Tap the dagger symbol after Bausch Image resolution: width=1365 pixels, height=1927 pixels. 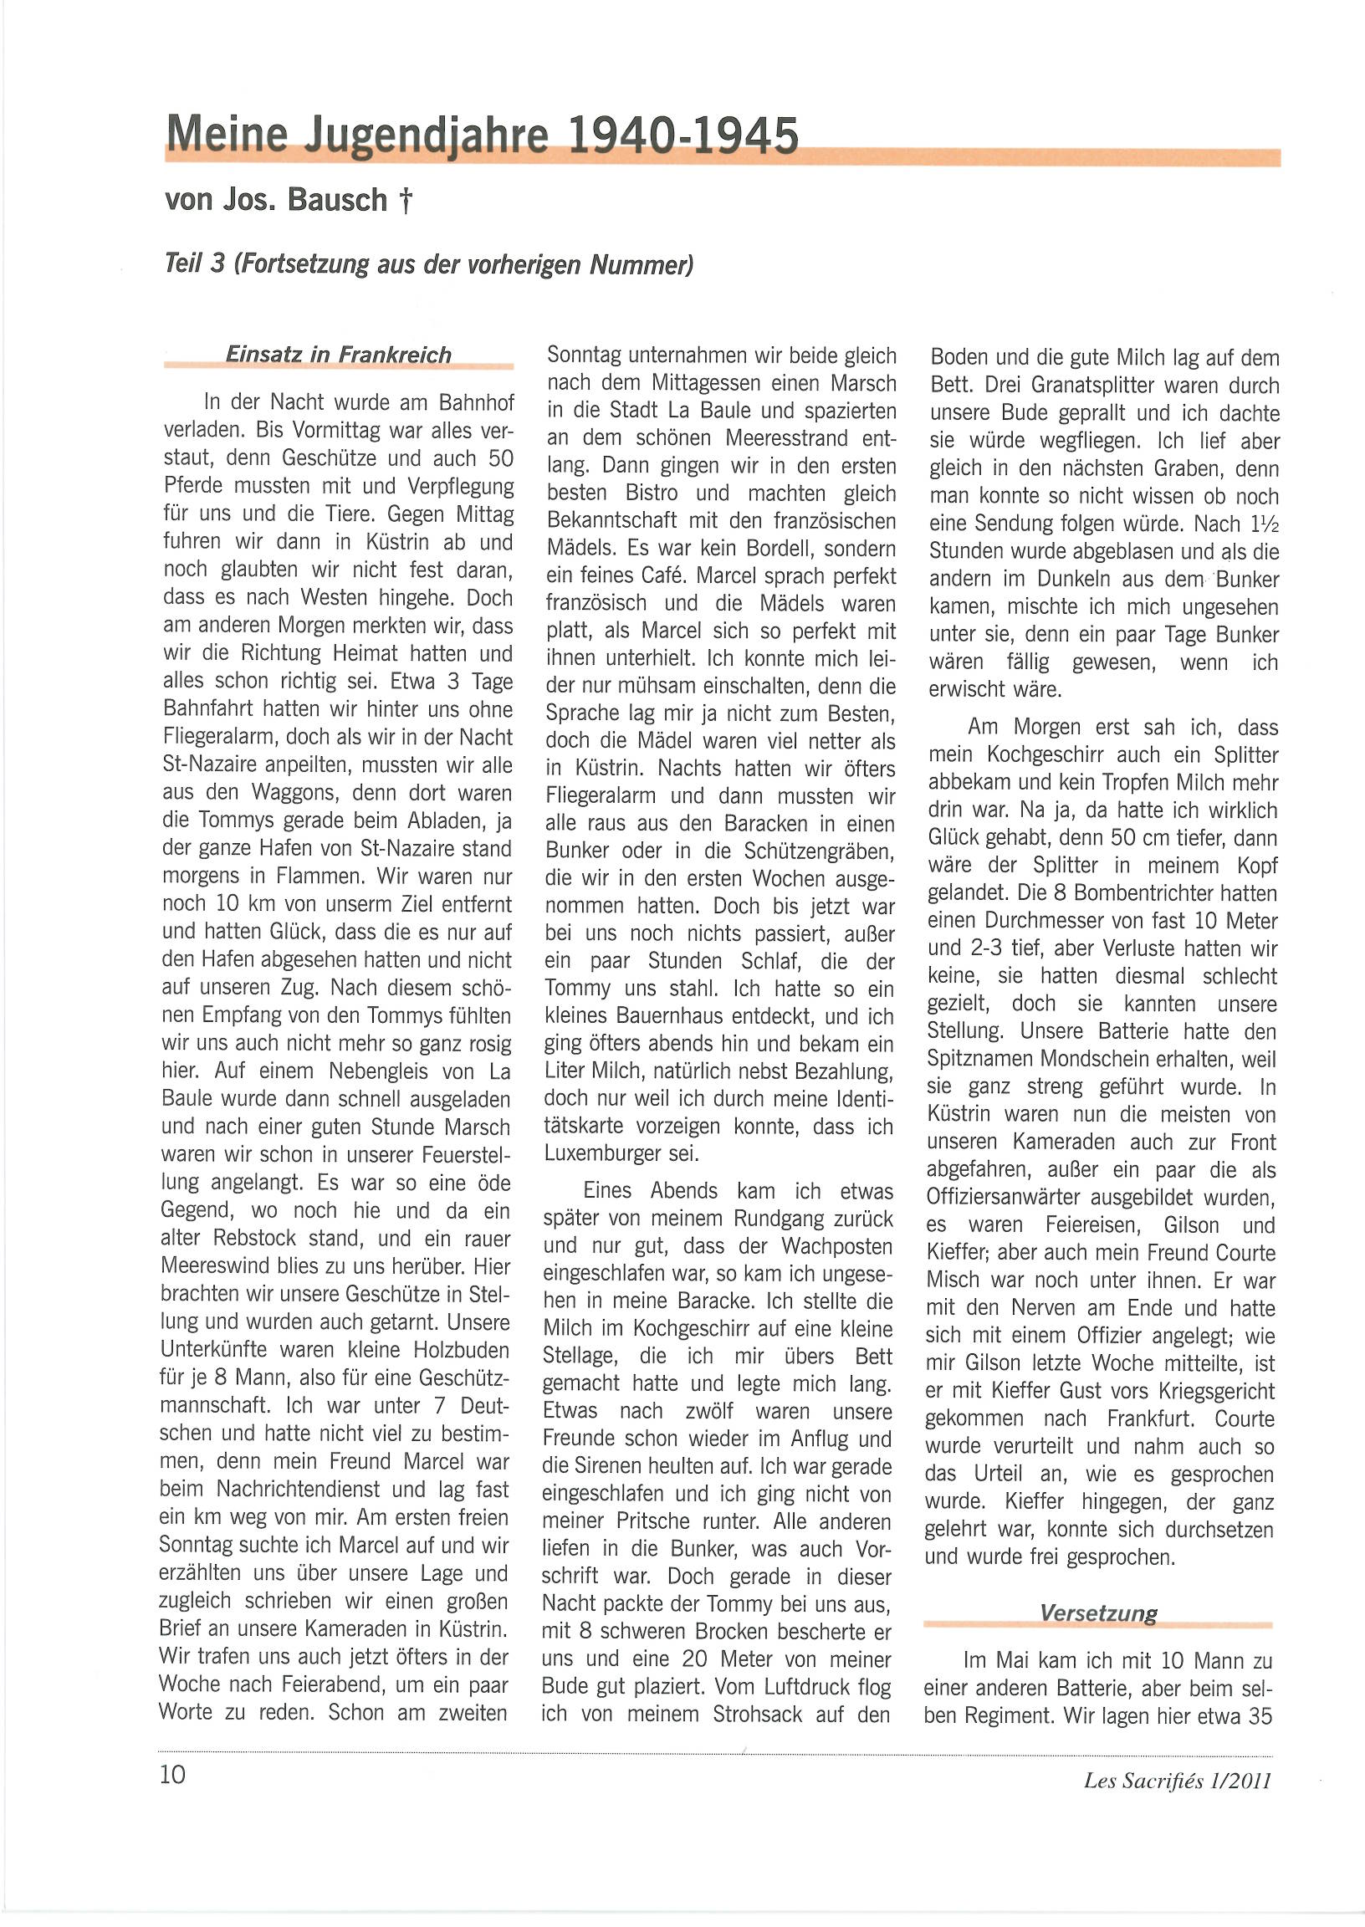click(406, 200)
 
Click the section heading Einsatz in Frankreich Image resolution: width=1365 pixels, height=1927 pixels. click(338, 355)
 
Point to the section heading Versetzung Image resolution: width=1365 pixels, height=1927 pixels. click(1097, 1613)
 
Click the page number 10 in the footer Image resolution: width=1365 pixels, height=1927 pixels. click(172, 1774)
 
